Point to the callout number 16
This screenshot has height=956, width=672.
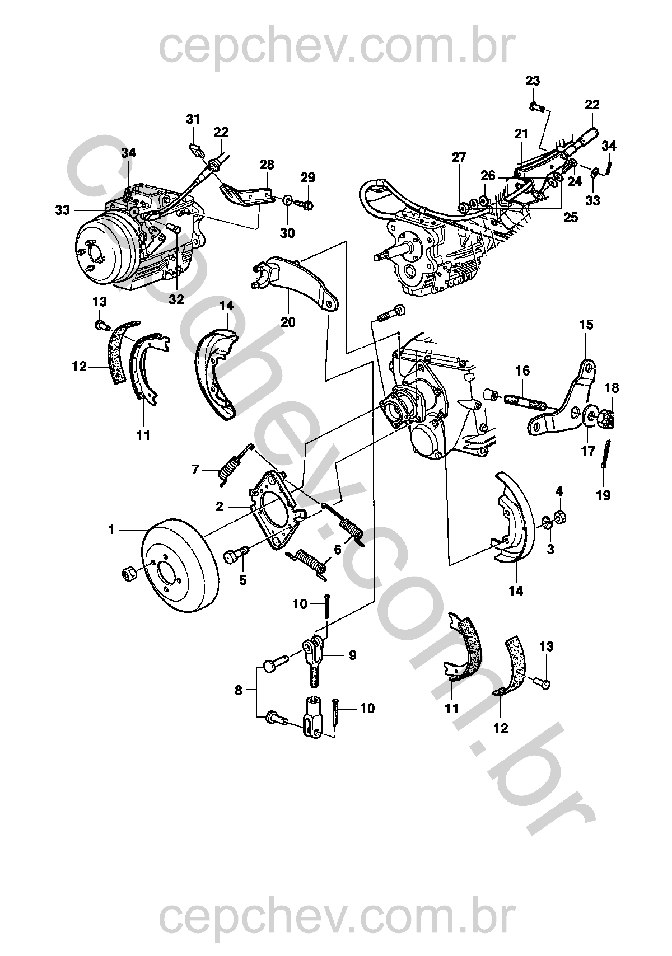pyautogui.click(x=522, y=371)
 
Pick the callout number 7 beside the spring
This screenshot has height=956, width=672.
pyautogui.click(x=195, y=469)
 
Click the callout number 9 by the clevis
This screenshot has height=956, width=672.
pyautogui.click(x=353, y=655)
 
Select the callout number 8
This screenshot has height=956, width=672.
pyautogui.click(x=239, y=691)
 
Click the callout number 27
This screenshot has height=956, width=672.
pyautogui.click(x=459, y=157)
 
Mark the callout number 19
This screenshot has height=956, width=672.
pyautogui.click(x=603, y=495)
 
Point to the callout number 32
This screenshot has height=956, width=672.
pyautogui.click(x=176, y=299)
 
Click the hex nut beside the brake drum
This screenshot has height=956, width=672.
pyautogui.click(x=129, y=574)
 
